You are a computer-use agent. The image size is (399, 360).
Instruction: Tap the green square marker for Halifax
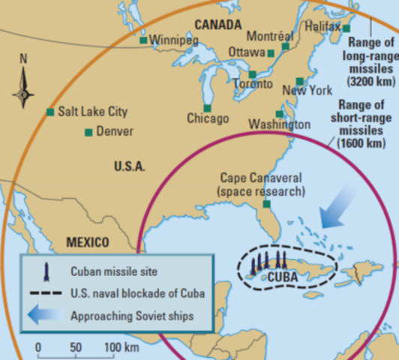346,28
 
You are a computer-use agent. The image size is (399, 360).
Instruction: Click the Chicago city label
207,118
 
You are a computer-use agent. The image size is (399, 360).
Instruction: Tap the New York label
307,91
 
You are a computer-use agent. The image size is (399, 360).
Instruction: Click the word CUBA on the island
283,277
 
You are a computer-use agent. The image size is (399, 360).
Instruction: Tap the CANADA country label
217,25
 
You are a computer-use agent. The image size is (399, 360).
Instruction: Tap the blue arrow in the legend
46,315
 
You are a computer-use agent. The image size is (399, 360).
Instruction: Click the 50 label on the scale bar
76,347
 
